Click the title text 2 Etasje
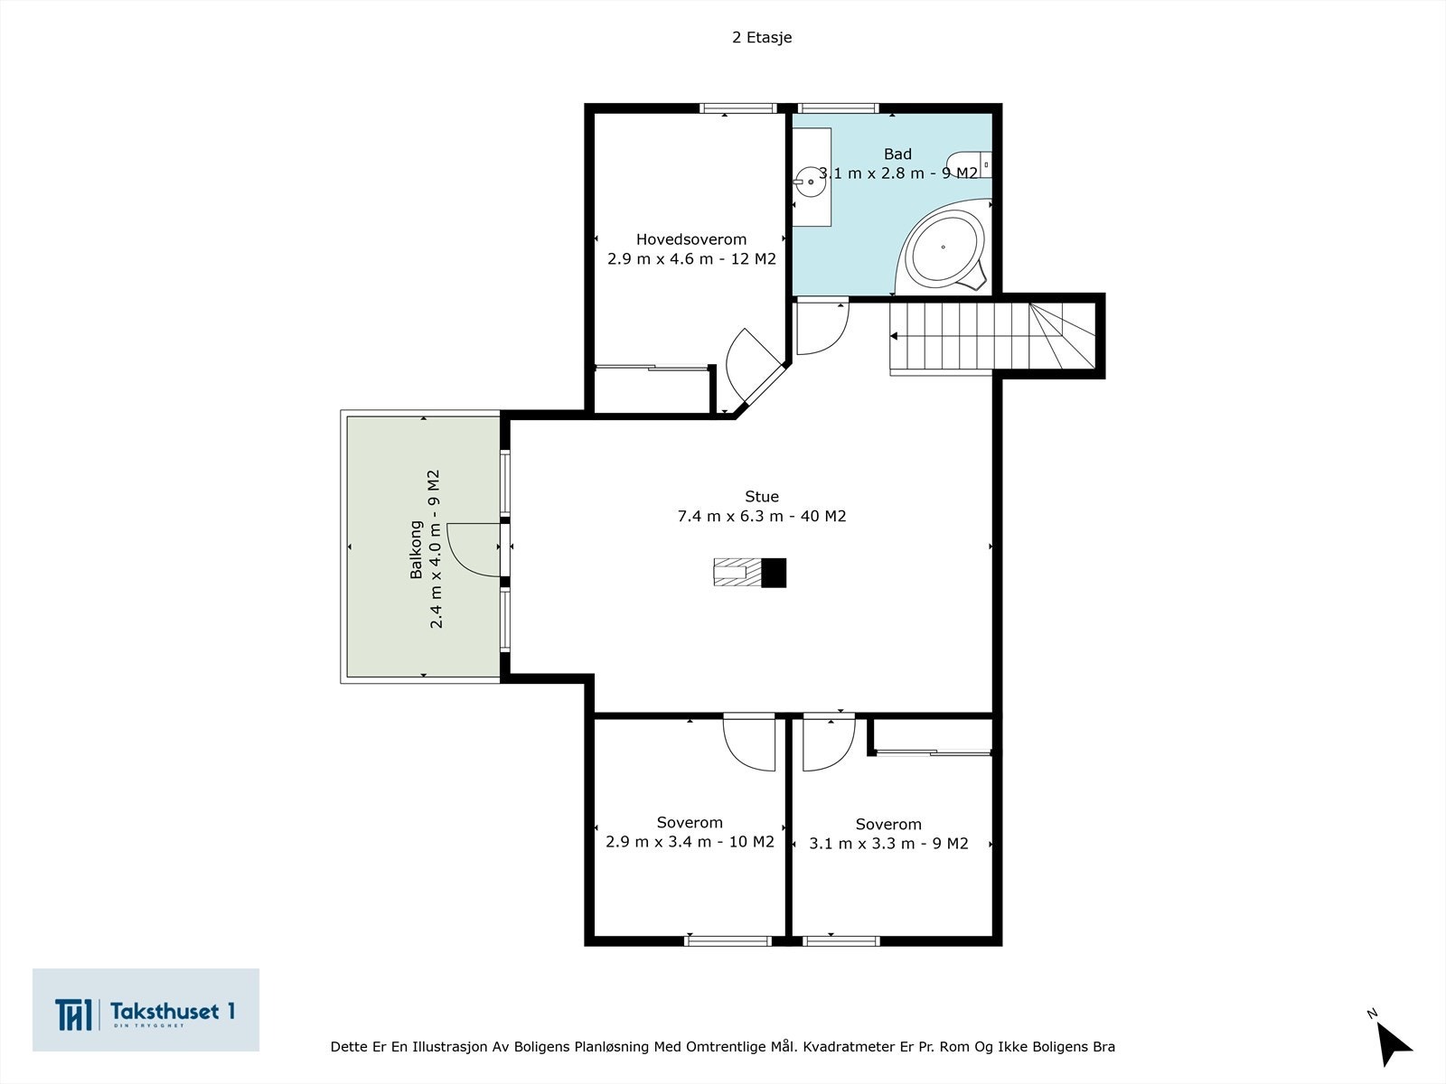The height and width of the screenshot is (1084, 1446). point(762,38)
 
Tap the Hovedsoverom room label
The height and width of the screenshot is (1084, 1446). point(691,239)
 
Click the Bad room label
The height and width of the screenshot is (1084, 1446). point(897,154)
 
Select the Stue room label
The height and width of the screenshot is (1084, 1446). point(762,496)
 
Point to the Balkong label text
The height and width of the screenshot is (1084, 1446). point(416,549)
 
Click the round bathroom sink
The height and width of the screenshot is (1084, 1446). point(810,182)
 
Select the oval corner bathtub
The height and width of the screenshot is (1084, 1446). point(944,248)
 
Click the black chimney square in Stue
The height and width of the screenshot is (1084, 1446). point(774,573)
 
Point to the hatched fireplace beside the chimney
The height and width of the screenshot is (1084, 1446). point(737,572)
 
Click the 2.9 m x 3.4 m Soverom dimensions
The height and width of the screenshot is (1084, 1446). point(690,842)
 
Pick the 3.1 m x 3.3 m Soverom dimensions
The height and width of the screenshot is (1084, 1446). point(888,844)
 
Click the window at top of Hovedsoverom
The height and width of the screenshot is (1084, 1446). point(738,108)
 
